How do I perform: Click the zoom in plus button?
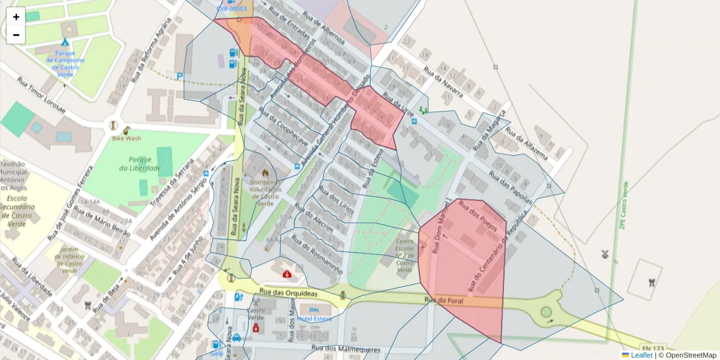(16, 17)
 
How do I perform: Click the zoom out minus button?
(16, 35)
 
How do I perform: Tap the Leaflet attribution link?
(641, 355)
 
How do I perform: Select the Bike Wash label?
(126, 138)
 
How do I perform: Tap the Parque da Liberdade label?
(144, 164)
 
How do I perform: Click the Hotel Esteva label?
(314, 319)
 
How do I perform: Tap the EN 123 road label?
(653, 348)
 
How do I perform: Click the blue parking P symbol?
(179, 76)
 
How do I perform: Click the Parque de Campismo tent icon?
(65, 42)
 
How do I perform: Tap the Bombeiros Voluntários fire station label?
(262, 189)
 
